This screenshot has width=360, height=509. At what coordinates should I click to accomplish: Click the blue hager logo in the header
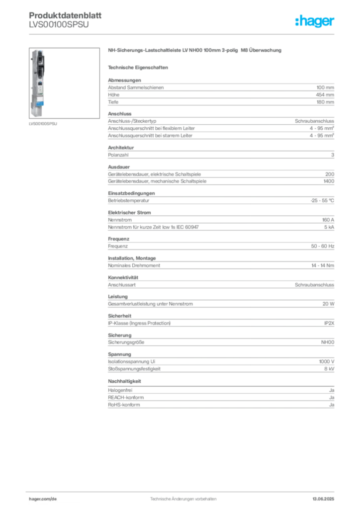tap(315, 22)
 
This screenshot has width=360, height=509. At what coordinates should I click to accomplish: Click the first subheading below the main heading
tap(139, 67)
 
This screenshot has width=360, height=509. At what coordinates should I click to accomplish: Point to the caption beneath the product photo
tap(44, 124)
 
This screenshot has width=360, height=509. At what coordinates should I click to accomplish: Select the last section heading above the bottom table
tap(125, 381)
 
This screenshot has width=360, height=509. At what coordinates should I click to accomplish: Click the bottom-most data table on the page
tap(221, 398)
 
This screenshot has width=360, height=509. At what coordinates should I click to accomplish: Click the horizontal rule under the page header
tap(184, 33)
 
